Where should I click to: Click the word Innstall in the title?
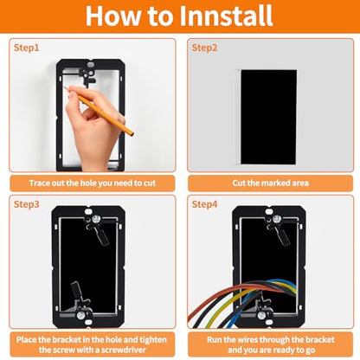point(226,16)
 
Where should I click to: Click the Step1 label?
point(26,48)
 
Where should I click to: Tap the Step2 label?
point(204,48)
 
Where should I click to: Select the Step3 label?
point(26,204)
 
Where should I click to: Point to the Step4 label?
point(204,204)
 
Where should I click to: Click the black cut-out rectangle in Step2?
point(269,117)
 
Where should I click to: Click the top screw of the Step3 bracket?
point(95,220)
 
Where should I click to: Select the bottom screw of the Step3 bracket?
point(80,315)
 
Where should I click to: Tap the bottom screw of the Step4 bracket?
point(261,315)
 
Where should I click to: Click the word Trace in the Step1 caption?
point(39,183)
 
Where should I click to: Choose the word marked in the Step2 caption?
point(275,183)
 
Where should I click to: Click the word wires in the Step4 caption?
point(247,340)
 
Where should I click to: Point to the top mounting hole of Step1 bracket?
point(91,63)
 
